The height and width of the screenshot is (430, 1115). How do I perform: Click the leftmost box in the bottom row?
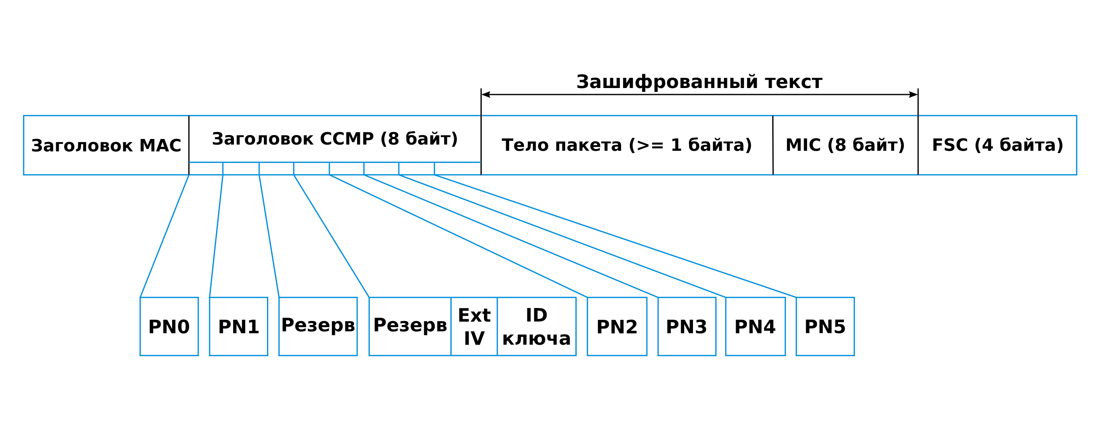pos(169,326)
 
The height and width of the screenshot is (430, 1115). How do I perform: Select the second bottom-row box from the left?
pos(238,326)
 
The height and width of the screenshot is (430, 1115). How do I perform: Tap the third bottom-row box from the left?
pos(318,326)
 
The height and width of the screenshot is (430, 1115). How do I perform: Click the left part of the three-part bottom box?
pos(410,326)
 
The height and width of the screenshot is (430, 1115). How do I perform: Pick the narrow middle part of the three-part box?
pos(474,326)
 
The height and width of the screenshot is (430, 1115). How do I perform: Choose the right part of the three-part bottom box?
pos(537,326)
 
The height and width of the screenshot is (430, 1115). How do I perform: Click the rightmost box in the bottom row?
pos(825,326)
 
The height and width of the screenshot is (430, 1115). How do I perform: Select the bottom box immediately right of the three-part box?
pos(617,326)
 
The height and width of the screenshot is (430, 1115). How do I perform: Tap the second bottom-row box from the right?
pos(755,326)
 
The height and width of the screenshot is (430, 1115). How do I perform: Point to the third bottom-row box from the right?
pos(687,326)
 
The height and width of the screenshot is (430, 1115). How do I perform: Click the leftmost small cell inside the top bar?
pos(206,169)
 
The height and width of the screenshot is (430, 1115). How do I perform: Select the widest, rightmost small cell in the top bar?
pos(457,169)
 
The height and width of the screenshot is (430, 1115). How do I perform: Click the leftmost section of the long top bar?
pos(106,145)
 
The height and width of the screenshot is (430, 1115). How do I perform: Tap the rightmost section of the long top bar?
pos(997,145)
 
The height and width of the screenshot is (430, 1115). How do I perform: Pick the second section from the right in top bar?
pos(845,145)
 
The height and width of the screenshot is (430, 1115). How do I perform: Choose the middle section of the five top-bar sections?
pos(627,145)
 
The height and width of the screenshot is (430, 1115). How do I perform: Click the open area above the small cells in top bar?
pos(334,139)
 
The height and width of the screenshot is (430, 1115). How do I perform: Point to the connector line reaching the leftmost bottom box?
pos(165,236)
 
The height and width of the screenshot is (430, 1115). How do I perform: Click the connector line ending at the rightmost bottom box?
pos(615,236)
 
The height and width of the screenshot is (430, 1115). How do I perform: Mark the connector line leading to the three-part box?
pos(331,236)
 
